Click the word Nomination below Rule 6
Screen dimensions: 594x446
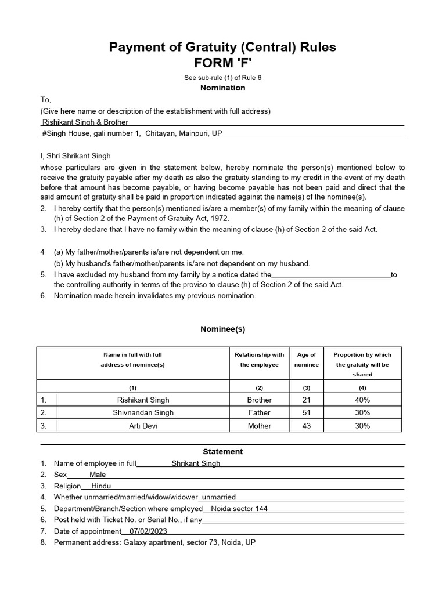pyautogui.click(x=223, y=88)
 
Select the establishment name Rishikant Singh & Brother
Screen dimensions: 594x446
pyautogui.click(x=85, y=122)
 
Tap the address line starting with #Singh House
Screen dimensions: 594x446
pyautogui.click(x=132, y=133)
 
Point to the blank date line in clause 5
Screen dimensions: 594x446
pyautogui.click(x=331, y=275)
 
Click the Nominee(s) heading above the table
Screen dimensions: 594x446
pyautogui.click(x=223, y=329)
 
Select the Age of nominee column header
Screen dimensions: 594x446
pyautogui.click(x=307, y=360)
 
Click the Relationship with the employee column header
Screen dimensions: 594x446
pyautogui.click(x=259, y=360)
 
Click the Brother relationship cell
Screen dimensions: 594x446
pyautogui.click(x=259, y=400)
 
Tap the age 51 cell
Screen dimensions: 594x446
pyautogui.click(x=307, y=413)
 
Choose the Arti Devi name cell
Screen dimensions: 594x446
pyautogui.click(x=143, y=426)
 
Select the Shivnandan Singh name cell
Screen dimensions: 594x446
pyautogui.click(x=143, y=413)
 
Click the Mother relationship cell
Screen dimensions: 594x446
pyautogui.click(x=259, y=426)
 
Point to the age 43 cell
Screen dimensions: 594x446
pyautogui.click(x=307, y=426)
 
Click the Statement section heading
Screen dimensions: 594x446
pyautogui.click(x=223, y=451)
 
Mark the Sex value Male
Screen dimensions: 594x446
pyautogui.click(x=98, y=475)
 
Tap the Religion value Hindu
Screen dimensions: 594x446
pyautogui.click(x=101, y=486)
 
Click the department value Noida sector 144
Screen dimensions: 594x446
pyautogui.click(x=239, y=509)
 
